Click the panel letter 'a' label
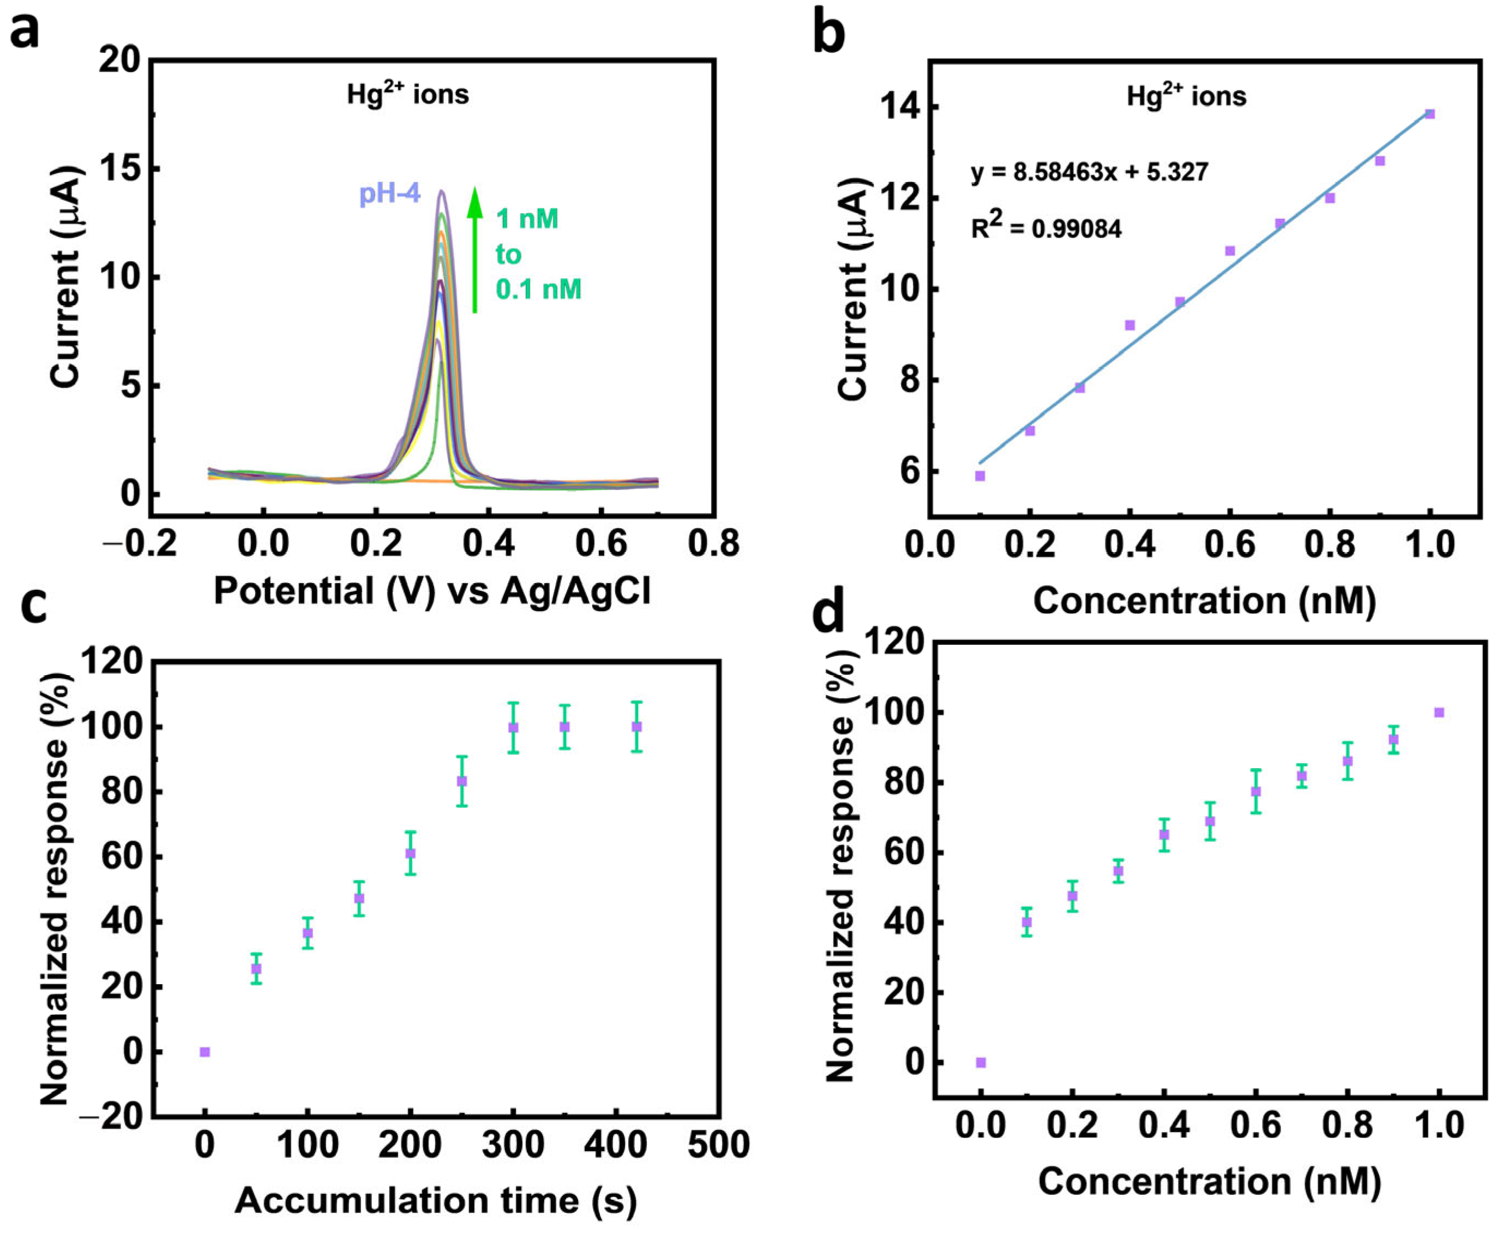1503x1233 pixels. (x=25, y=32)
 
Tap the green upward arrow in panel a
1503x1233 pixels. (x=475, y=249)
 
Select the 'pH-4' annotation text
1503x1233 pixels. (x=390, y=193)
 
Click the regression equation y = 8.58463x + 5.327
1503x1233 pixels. (x=1089, y=172)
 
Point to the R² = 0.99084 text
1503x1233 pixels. (x=1046, y=228)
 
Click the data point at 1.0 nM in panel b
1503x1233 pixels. (x=1430, y=113)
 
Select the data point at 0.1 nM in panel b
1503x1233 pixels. (x=980, y=476)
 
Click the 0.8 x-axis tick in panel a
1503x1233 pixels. (x=713, y=544)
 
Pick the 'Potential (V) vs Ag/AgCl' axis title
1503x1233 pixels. (x=432, y=591)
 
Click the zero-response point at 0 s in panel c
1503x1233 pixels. (x=205, y=1052)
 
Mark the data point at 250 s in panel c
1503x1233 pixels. (x=461, y=781)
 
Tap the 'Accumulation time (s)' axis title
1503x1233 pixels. (x=435, y=1200)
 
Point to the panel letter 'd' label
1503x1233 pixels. (x=828, y=615)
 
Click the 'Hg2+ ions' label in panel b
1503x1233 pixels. (x=1186, y=96)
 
